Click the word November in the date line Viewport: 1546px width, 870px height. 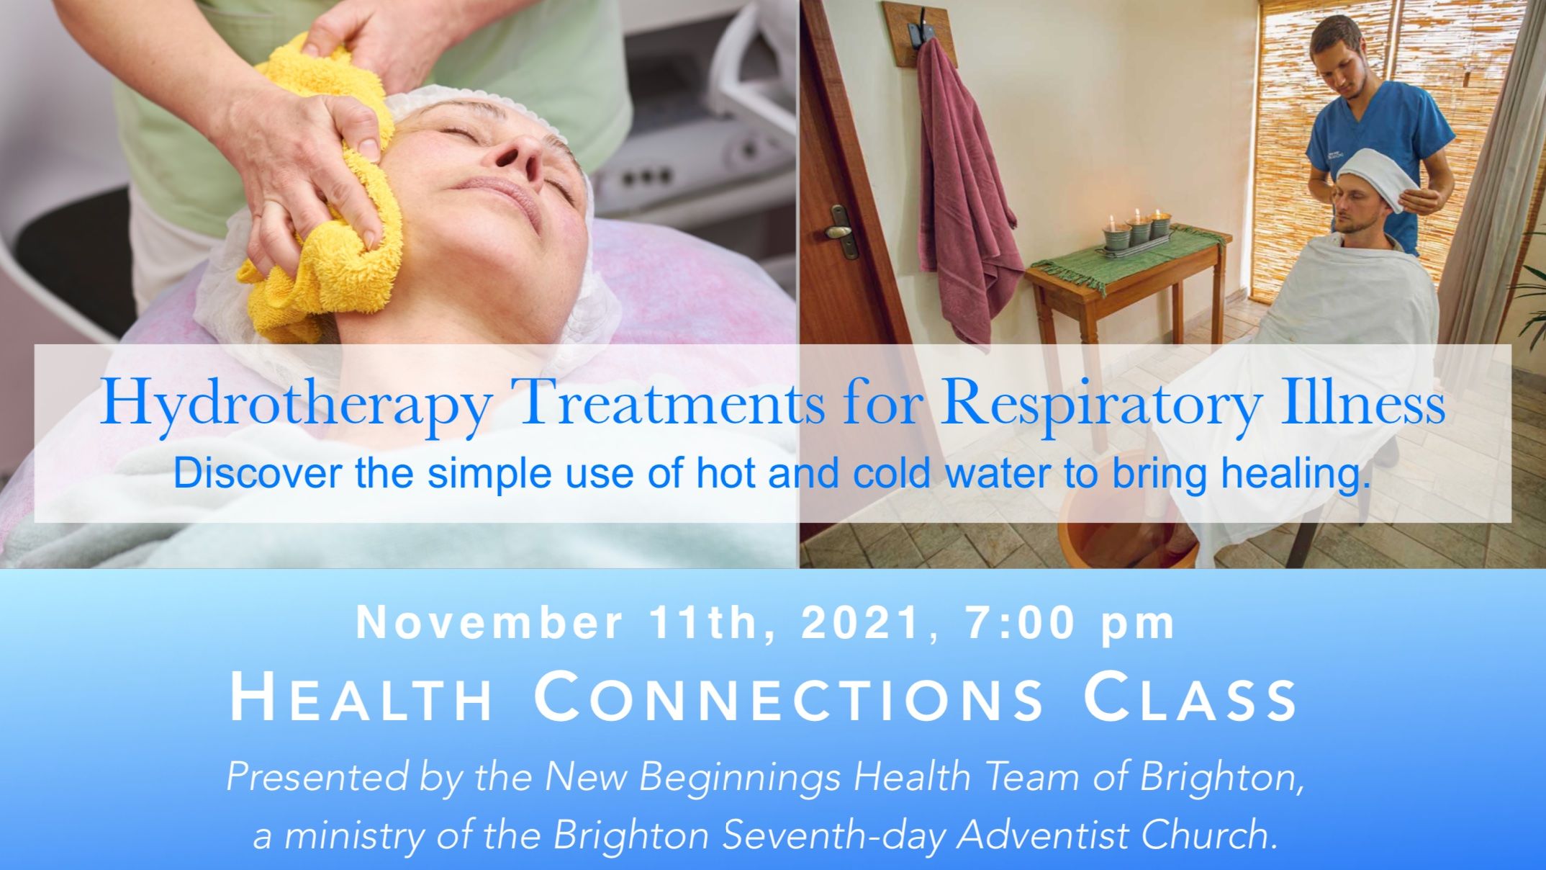pos(489,624)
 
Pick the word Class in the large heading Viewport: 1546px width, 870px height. pos(1190,698)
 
